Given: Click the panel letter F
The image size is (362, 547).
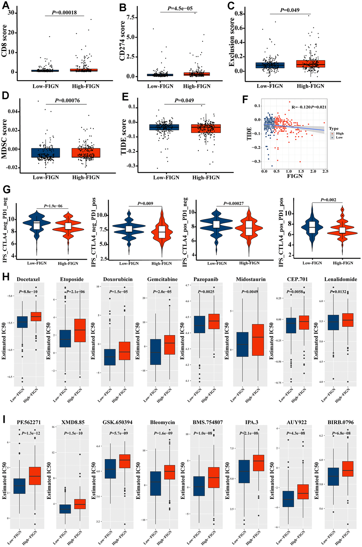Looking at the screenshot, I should tap(245, 99).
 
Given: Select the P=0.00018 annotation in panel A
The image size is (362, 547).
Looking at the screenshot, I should tap(68, 12).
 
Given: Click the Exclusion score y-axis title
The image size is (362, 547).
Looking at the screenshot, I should tap(232, 42).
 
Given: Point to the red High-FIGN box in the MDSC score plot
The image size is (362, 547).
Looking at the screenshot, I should tap(86, 153).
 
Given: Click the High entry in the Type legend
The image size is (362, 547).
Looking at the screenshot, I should tap(340, 133).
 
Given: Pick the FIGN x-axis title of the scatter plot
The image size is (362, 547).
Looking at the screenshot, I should tap(295, 176).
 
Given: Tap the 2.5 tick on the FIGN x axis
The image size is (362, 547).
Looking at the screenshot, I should tap(325, 171).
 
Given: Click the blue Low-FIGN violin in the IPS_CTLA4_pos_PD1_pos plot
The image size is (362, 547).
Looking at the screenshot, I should tap(312, 227).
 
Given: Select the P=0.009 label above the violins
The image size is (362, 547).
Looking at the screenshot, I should tap(145, 203).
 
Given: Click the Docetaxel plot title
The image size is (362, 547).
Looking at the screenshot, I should tap(28, 279).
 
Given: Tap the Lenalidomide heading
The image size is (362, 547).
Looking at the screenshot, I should tap(341, 279).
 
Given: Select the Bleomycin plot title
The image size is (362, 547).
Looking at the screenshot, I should tap(163, 422).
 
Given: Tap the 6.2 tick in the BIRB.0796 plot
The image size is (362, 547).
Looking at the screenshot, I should tap(320, 435).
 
